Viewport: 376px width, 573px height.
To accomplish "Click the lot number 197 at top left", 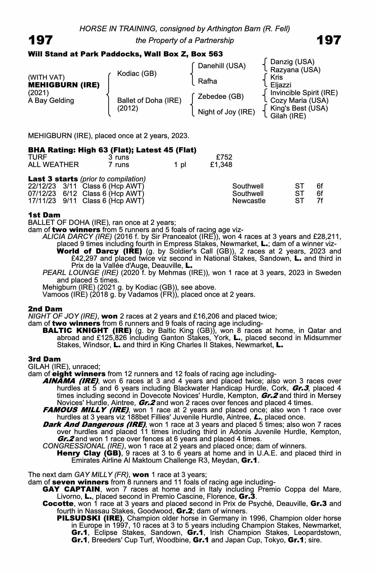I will [x=40, y=40].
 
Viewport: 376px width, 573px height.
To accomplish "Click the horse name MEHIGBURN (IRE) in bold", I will [x=64, y=85].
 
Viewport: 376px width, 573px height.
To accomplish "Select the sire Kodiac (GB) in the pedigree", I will [x=137, y=74].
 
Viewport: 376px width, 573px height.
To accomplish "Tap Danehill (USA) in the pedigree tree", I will [x=222, y=66].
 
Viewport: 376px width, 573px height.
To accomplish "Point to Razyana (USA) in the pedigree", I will [x=295, y=70].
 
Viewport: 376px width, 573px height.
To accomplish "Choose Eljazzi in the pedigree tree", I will [x=281, y=85].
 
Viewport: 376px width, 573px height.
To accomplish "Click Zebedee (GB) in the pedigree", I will [x=221, y=97].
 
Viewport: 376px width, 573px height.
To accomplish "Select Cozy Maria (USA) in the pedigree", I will [x=299, y=101].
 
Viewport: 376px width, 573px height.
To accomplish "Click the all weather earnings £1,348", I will [x=221, y=165].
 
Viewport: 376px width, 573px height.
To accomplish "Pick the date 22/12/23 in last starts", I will [x=42, y=186].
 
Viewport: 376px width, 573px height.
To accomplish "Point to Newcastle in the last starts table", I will [x=249, y=201].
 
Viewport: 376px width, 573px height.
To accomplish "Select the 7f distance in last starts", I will [x=320, y=201].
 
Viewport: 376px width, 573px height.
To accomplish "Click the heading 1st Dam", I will [x=44, y=215].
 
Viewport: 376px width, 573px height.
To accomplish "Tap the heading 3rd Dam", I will [x=44, y=359].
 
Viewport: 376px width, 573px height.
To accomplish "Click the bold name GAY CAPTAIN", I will [x=71, y=489].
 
